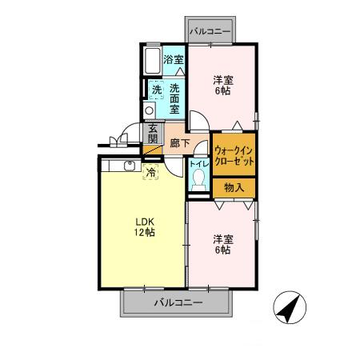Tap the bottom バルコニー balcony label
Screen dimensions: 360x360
coord(178,303)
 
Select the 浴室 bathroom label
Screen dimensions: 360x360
coord(174,59)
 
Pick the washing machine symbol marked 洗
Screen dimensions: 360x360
coord(156,90)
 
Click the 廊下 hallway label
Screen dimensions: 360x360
coord(180,144)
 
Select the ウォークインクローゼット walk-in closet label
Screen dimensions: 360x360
coord(234,155)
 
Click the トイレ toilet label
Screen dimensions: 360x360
coord(198,164)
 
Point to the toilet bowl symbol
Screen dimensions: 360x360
coord(198,181)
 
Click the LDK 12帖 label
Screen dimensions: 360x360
coord(144,226)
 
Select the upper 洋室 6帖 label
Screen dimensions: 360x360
coord(223,86)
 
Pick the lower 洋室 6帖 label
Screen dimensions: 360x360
coord(222,245)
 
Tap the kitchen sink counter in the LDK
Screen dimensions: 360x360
coord(120,166)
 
